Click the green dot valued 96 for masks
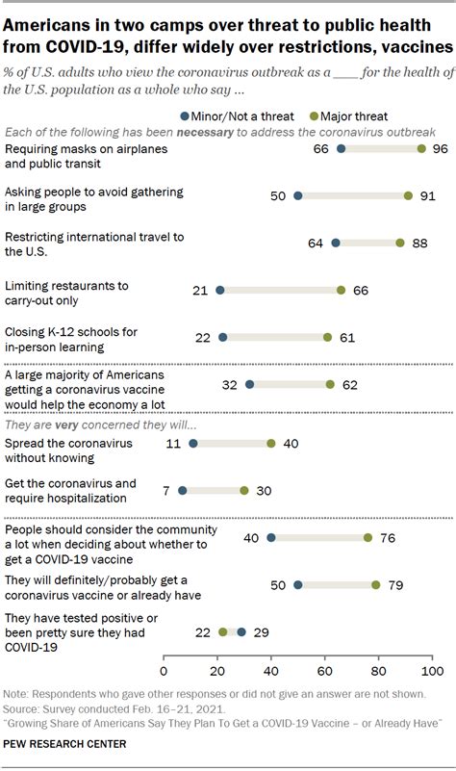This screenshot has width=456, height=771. (x=421, y=149)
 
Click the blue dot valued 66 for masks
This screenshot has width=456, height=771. (x=341, y=149)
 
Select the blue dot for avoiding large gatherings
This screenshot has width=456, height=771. (x=298, y=195)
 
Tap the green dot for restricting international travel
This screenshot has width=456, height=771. (x=400, y=244)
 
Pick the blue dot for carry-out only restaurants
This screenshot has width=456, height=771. (x=220, y=290)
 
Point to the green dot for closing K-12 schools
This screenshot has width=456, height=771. (x=328, y=338)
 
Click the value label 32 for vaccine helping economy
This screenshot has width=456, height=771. (x=230, y=384)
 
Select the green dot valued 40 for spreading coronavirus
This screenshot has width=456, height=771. (x=271, y=444)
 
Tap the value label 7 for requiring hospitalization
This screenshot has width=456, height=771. (x=167, y=490)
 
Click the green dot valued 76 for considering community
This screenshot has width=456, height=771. (x=367, y=538)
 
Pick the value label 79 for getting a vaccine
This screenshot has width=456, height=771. (x=394, y=584)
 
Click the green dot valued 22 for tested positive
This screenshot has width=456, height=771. (x=223, y=632)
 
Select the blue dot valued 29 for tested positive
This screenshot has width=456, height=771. (x=241, y=632)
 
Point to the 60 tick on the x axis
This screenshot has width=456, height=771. (x=325, y=670)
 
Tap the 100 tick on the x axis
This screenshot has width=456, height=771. (x=432, y=670)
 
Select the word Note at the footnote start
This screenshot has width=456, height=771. (x=16, y=694)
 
